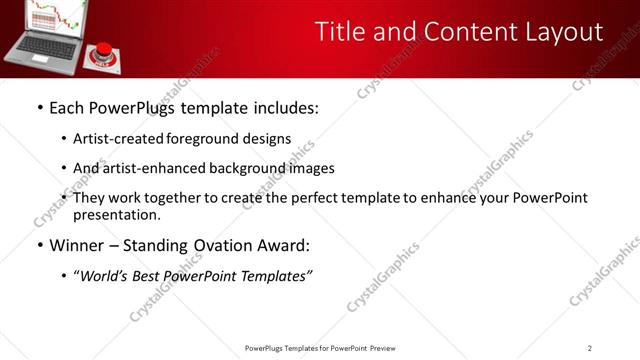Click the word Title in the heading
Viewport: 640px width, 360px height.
[338, 32]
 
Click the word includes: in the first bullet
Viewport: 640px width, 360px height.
[281, 107]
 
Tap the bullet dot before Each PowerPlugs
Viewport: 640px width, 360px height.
[39, 107]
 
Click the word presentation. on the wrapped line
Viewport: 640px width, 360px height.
[116, 214]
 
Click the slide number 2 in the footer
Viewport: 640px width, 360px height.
[590, 348]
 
